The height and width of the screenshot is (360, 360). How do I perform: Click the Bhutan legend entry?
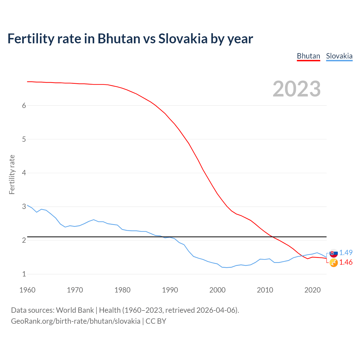[309, 56]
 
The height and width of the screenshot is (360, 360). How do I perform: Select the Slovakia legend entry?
[339, 56]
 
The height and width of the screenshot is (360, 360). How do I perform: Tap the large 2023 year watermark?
[297, 89]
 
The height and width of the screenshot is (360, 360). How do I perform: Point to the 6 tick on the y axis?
[24, 105]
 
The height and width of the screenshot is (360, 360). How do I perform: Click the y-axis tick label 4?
[24, 173]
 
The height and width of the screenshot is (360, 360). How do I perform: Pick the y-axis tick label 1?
[24, 274]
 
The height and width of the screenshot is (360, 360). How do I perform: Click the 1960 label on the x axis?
[27, 290]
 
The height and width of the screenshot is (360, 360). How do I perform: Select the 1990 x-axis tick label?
[170, 290]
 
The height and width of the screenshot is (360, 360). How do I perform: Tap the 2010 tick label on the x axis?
[265, 290]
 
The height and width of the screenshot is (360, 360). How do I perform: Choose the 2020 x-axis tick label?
[312, 290]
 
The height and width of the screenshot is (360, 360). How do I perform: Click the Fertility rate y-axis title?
[12, 174]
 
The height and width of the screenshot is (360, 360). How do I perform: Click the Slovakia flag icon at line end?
[334, 253]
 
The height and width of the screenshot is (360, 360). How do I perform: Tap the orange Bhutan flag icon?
[334, 263]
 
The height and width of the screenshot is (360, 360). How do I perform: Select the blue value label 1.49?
[346, 253]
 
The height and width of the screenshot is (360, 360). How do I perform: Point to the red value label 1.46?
[346, 262]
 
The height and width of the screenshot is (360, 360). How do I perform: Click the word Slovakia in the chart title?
[183, 39]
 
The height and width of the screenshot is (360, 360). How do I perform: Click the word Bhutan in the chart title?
[119, 39]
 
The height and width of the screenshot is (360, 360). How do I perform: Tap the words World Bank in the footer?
[75, 310]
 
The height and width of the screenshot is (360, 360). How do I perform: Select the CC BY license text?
[156, 321]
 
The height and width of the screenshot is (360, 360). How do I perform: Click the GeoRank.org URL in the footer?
[76, 321]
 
